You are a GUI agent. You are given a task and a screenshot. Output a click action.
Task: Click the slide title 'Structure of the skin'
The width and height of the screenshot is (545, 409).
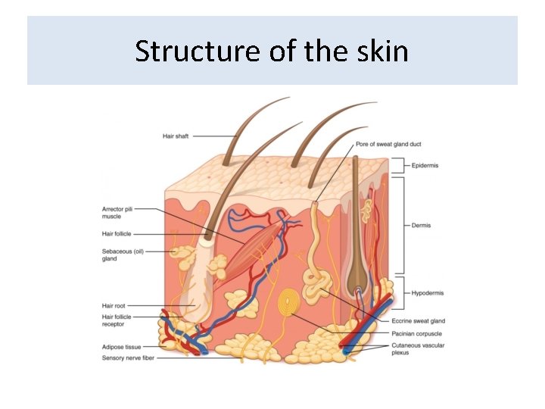(x=272, y=52)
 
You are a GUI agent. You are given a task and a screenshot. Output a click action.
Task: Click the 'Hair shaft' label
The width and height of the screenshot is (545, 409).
(x=176, y=136)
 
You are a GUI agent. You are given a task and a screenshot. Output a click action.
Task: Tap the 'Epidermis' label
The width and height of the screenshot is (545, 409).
(x=425, y=165)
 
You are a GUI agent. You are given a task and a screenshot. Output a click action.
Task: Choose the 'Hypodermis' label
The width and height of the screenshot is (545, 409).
(x=427, y=292)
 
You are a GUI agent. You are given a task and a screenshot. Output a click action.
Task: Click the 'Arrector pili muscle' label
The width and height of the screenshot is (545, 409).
(x=117, y=213)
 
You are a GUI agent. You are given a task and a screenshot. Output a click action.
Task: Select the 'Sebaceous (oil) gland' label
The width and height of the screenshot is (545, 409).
(x=123, y=254)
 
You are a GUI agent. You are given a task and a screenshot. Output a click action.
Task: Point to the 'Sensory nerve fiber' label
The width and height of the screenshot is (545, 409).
(x=128, y=357)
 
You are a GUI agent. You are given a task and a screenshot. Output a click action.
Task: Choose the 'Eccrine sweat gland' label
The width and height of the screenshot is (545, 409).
(x=418, y=321)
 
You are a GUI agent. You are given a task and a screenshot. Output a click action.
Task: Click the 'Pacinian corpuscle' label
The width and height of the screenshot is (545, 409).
(x=417, y=333)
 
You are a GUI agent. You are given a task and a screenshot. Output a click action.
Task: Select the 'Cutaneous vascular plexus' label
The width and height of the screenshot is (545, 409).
(x=418, y=348)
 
